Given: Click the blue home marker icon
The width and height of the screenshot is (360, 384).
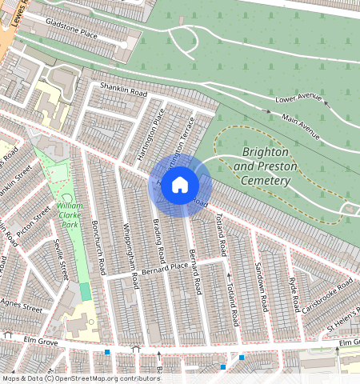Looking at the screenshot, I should pos(180,186).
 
